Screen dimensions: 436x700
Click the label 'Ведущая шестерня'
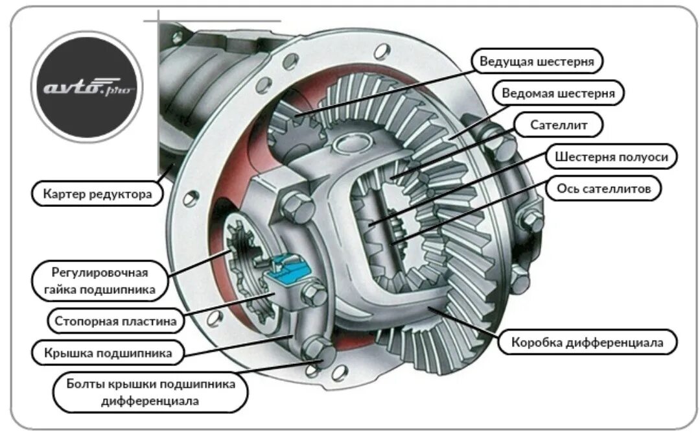click(537, 62)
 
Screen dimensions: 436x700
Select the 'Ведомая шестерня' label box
click(558, 93)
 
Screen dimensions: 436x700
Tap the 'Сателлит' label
click(558, 125)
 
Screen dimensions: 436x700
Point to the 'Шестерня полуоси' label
click(611, 156)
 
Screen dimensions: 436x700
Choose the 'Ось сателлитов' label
click(608, 188)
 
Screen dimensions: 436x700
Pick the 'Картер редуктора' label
click(97, 193)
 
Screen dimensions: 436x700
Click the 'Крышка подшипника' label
click(108, 353)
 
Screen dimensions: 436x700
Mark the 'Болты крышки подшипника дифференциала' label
click(150, 393)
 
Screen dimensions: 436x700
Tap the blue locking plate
click(285, 271)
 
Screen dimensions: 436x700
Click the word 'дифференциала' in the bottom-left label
click(150, 401)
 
